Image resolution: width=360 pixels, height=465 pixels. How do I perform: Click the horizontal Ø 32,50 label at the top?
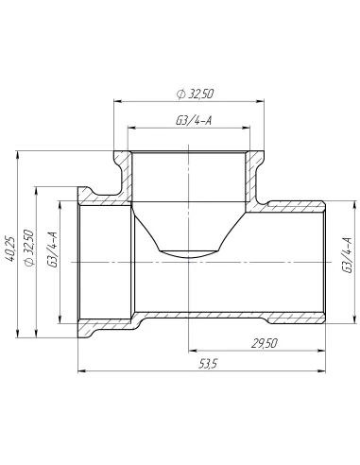point(192,93)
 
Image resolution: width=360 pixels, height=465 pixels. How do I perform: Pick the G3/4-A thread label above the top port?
point(192,120)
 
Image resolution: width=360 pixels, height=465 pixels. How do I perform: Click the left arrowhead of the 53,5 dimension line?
point(79,371)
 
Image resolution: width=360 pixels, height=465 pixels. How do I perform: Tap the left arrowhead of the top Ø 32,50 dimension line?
point(117,100)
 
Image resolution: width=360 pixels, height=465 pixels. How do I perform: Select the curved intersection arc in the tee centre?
point(191,251)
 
